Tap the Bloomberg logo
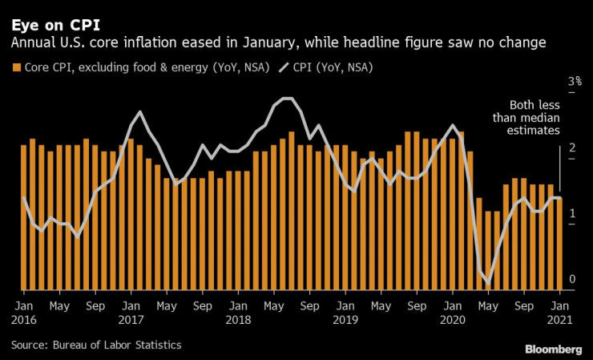(553, 350)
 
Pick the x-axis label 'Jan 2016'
(24, 312)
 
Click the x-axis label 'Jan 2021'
(559, 312)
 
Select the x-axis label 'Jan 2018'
(238, 312)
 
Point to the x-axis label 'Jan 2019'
(345, 312)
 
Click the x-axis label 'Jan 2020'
(452, 312)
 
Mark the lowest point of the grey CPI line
(488, 283)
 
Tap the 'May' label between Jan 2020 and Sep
(488, 305)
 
